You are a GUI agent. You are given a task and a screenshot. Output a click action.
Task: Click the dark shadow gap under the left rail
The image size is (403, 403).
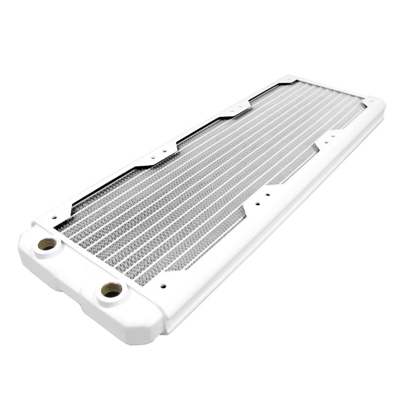[101, 188]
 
